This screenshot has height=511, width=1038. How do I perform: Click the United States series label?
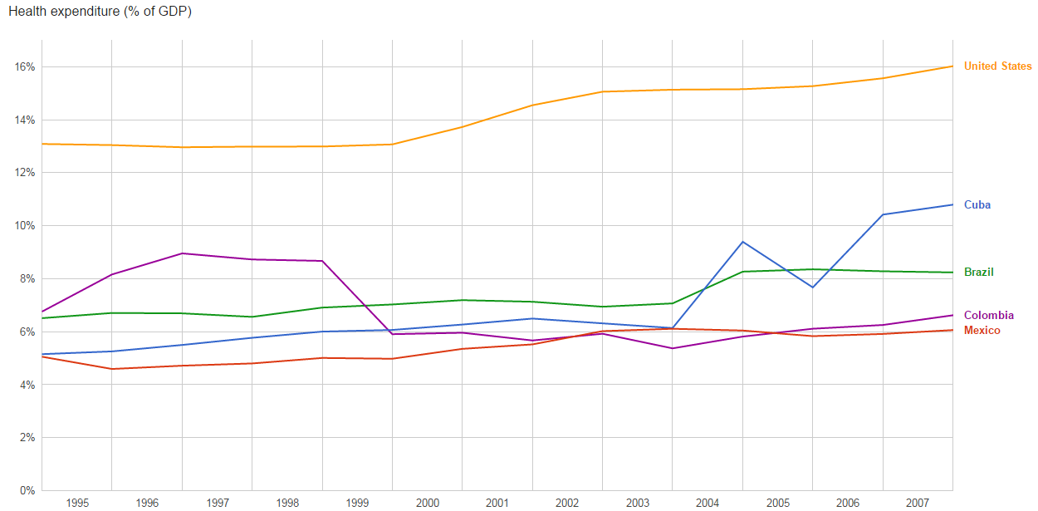coord(997,66)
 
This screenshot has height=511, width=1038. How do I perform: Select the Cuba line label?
coord(977,205)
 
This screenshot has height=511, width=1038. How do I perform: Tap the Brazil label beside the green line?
coord(978,273)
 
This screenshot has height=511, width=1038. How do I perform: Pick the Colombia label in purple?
coord(988,316)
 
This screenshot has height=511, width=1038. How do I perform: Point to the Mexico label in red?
coord(982,331)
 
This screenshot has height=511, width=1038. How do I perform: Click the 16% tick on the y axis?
coord(24,66)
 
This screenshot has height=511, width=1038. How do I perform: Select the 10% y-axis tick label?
coord(24,226)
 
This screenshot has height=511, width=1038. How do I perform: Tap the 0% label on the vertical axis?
coord(27,490)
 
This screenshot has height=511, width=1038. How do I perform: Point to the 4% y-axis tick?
coord(27,385)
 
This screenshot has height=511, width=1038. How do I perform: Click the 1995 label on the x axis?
coord(77,504)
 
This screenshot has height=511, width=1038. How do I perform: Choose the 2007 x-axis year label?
coord(918,504)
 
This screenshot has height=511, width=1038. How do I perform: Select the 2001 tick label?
coord(497,504)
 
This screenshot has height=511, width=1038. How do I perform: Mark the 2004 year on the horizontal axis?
coord(708,504)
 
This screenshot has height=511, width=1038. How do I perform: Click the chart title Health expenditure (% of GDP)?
coord(100,12)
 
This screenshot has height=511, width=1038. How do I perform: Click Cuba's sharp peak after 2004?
coord(742,242)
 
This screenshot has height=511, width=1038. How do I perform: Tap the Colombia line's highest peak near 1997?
coord(182,253)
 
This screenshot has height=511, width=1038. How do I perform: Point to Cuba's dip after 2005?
coord(812,287)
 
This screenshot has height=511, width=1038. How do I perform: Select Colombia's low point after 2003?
coord(672,348)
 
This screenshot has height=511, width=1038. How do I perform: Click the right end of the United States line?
coord(952,66)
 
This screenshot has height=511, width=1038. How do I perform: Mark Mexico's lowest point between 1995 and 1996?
coord(112,369)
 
